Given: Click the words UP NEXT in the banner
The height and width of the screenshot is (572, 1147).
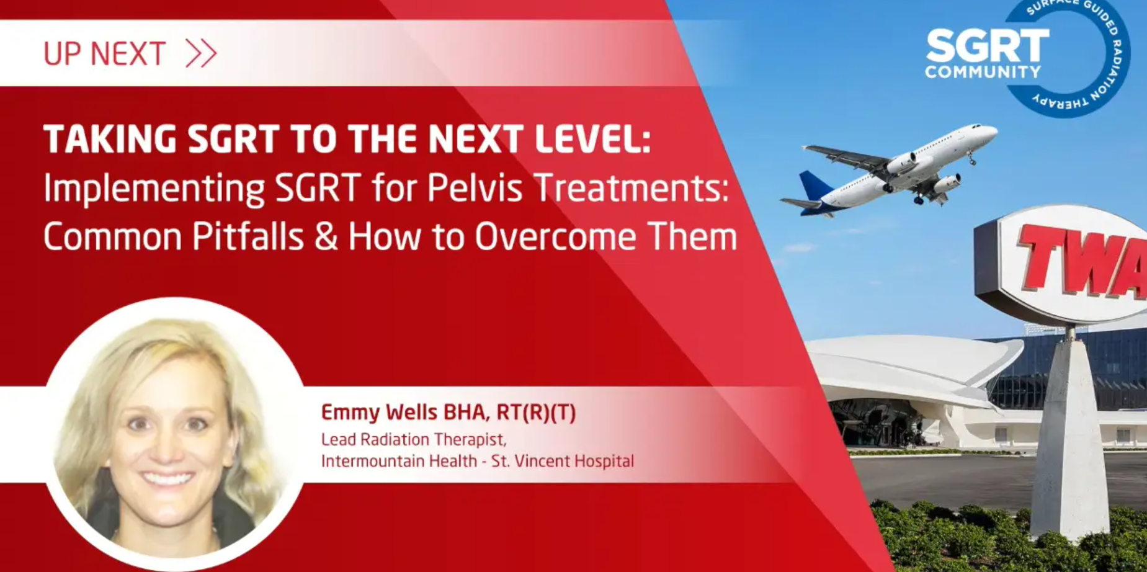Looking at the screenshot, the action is pos(104,54).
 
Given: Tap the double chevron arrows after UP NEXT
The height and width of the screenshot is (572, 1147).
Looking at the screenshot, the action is pos(201,53).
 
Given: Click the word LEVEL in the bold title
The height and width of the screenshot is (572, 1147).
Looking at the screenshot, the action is pos(592,138).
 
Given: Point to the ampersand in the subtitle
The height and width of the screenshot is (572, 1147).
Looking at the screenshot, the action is pos(326,236).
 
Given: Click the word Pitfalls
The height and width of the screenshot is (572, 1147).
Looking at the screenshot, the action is pos(248,236).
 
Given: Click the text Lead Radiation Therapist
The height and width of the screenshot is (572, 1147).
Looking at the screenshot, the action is pos(414,440).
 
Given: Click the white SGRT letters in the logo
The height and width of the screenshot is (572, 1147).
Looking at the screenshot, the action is pos(987,46).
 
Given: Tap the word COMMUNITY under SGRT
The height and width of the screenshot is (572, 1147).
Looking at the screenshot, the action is pos(983,71).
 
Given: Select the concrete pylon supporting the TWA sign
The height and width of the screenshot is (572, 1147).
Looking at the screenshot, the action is pos(1069,434).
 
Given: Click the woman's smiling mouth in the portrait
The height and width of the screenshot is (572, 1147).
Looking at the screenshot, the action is pos(166,479).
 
